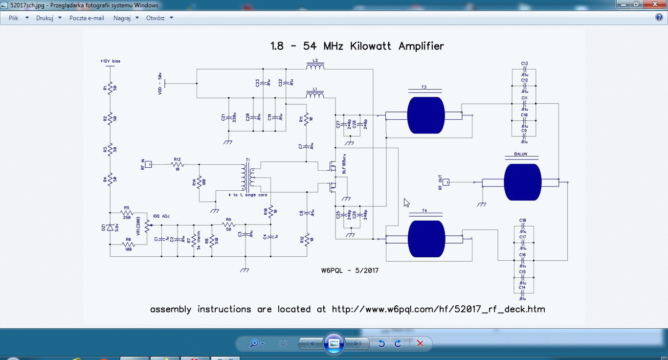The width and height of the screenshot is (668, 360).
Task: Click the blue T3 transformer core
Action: coord(426,115)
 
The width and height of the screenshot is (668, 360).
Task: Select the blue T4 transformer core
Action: coord(426,239)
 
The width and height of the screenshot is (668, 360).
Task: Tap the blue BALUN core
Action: coord(522,182)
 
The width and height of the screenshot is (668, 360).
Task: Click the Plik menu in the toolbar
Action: coord(14,18)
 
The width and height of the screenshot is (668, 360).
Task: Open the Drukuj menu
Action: coord(45,18)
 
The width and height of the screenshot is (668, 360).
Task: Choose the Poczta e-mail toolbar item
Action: coord(87,18)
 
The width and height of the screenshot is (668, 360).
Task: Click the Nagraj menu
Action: coord(122,18)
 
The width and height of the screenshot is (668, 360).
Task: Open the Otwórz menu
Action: coord(155,18)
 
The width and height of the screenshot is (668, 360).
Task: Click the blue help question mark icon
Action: coord(659,18)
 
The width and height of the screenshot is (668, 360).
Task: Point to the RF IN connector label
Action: coord(142,164)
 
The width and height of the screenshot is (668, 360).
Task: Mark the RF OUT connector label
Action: coord(440,182)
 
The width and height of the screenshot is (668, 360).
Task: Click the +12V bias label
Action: coord(110,61)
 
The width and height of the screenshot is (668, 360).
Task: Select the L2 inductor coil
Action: coord(315,67)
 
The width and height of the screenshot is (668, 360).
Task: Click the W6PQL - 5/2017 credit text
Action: coord(350,270)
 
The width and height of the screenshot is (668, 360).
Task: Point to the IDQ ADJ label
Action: coord(161,216)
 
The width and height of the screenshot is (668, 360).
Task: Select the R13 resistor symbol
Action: coord(177,164)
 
